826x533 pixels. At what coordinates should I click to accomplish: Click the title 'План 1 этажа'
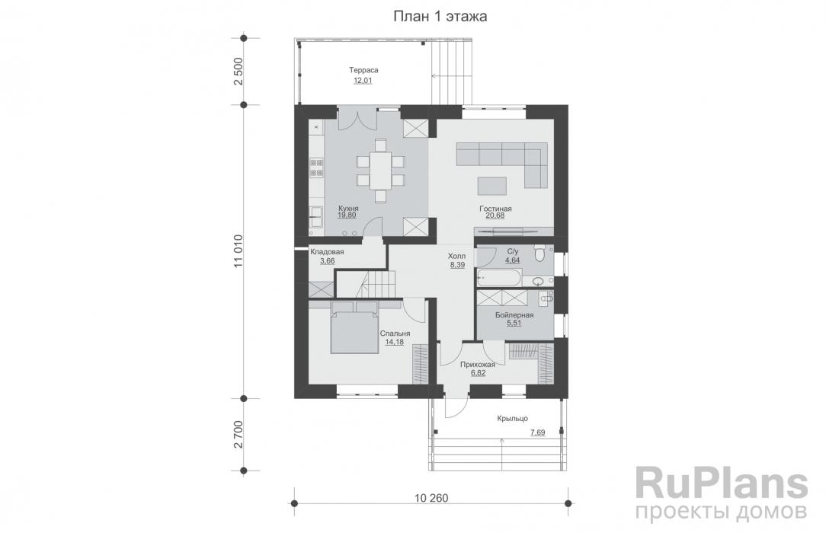pyautogui.click(x=440, y=16)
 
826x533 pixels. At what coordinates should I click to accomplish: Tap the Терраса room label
pyautogui.click(x=363, y=70)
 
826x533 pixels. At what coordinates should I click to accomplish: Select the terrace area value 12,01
pyautogui.click(x=363, y=81)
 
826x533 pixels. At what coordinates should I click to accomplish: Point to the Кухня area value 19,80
pyautogui.click(x=347, y=215)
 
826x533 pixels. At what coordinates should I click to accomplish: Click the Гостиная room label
pyautogui.click(x=495, y=209)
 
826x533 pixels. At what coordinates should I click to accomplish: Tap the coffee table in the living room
pyautogui.click(x=492, y=186)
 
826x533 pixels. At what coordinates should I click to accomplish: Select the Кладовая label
pyautogui.click(x=327, y=251)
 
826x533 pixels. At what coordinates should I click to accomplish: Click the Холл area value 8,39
pyautogui.click(x=457, y=265)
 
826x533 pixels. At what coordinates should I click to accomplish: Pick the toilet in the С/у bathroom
pyautogui.click(x=539, y=254)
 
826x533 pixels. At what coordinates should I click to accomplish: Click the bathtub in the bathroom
pyautogui.click(x=499, y=276)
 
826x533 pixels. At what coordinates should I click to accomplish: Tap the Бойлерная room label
pyautogui.click(x=514, y=315)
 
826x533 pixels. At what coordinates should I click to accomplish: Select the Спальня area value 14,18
pyautogui.click(x=395, y=342)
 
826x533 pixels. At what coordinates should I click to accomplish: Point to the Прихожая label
pyautogui.click(x=478, y=364)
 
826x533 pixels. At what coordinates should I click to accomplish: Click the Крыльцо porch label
pyautogui.click(x=513, y=418)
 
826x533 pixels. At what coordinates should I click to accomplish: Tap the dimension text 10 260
pyautogui.click(x=431, y=498)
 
